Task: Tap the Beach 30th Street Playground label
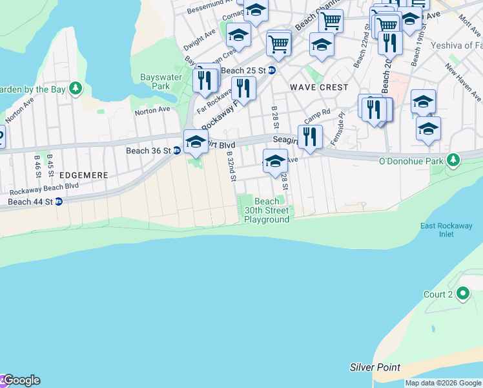(x=267, y=211)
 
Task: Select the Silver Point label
(x=375, y=367)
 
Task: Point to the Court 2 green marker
(x=462, y=294)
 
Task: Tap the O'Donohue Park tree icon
(x=454, y=159)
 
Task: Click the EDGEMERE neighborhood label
(x=82, y=175)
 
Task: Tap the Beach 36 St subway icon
(x=176, y=151)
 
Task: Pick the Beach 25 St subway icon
(x=272, y=70)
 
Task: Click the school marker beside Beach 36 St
(x=195, y=142)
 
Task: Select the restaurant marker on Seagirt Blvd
(x=311, y=136)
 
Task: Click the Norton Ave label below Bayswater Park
(x=152, y=111)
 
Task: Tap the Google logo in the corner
(x=21, y=380)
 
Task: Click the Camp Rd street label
(x=317, y=116)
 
